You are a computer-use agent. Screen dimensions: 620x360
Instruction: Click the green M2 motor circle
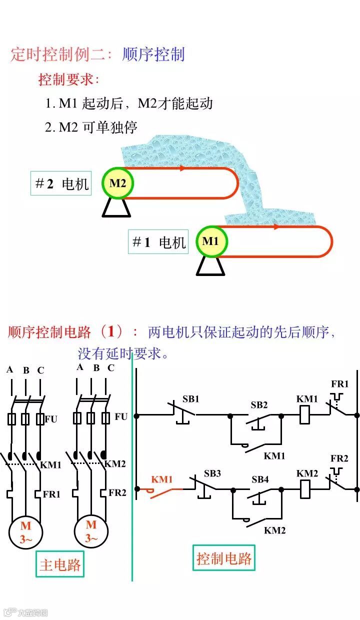[117, 183]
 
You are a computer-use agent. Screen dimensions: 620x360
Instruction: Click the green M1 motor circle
[210, 241]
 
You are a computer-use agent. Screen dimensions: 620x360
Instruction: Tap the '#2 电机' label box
[61, 183]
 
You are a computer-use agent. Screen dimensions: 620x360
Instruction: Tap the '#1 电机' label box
[158, 242]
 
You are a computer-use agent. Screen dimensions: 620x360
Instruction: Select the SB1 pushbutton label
[190, 399]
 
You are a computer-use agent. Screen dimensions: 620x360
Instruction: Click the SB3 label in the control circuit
[212, 473]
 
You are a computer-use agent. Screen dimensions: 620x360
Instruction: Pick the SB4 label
[260, 479]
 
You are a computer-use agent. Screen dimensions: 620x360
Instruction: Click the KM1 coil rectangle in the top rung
[305, 415]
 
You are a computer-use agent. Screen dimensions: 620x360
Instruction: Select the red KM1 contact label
[161, 479]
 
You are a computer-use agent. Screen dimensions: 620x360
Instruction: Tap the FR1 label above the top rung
[340, 384]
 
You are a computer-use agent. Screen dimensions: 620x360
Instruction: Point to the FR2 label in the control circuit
[339, 458]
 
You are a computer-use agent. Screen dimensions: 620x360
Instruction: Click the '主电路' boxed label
[60, 565]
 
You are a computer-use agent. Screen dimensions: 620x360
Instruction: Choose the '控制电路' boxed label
[223, 558]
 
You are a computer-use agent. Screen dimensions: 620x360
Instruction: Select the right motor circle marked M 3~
[91, 531]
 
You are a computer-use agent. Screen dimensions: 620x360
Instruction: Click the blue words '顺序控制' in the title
[153, 54]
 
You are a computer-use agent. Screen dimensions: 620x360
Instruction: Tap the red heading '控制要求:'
[69, 79]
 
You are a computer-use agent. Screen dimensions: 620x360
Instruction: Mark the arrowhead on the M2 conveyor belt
[182, 168]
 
